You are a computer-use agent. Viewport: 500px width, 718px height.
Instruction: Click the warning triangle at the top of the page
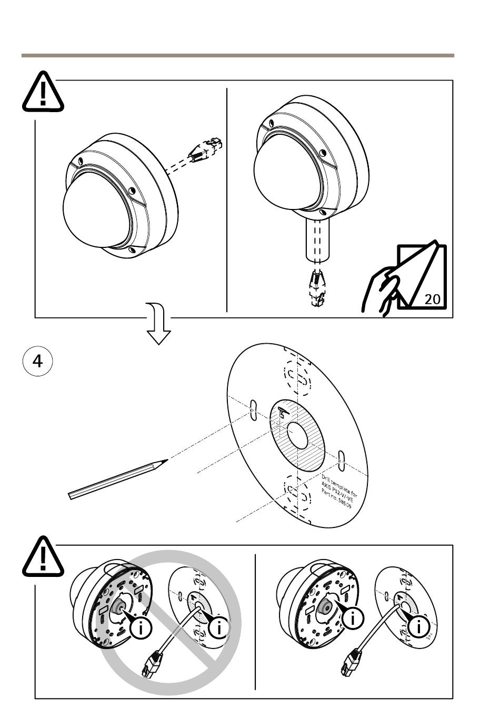(x=43, y=93)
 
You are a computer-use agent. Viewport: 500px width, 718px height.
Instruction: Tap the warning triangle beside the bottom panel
(x=43, y=556)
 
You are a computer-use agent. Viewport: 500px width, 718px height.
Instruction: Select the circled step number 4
(x=38, y=362)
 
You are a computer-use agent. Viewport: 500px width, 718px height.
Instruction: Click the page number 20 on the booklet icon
(x=432, y=299)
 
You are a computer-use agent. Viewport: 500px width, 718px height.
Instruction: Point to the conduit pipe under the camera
(x=317, y=240)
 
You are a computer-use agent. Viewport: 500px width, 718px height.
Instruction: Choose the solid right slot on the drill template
(x=342, y=460)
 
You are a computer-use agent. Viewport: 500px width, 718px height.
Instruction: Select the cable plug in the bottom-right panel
(x=351, y=662)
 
